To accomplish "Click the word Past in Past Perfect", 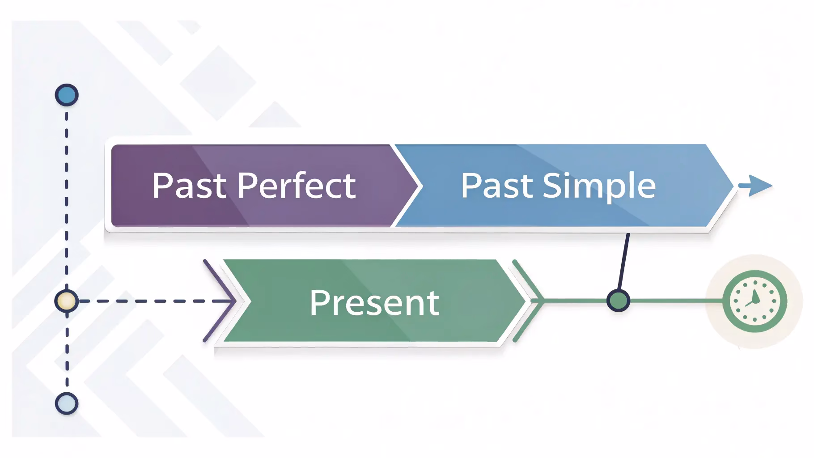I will (x=189, y=186).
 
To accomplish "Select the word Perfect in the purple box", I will (x=297, y=185).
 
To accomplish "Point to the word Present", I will (x=374, y=303).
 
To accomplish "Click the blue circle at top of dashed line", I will (x=67, y=95).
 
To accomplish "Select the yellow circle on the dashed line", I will (x=67, y=301).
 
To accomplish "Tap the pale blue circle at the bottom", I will (x=67, y=403).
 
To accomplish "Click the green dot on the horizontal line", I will (x=618, y=300).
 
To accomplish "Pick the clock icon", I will (x=755, y=301).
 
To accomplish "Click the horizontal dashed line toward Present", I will (x=152, y=301).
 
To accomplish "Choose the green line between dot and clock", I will (x=675, y=301).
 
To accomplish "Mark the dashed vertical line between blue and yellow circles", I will (x=67, y=197).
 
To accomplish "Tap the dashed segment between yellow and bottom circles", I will (x=67, y=353).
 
